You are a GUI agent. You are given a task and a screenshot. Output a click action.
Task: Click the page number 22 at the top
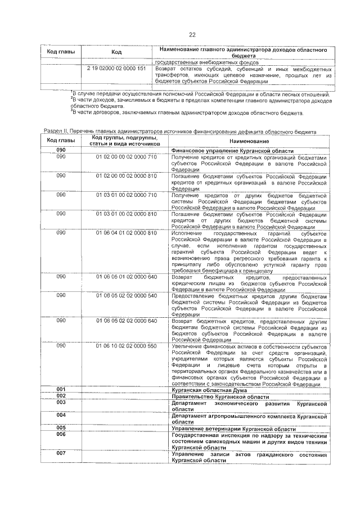[192, 35]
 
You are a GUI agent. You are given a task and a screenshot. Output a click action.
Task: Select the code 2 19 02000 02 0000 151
[116, 69]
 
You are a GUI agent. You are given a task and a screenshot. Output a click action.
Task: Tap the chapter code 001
[61, 389]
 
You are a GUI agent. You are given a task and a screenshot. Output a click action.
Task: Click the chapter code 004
[61, 415]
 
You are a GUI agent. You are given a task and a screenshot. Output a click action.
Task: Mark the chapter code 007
[61, 453]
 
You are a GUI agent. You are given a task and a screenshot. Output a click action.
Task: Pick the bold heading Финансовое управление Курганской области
[232, 151]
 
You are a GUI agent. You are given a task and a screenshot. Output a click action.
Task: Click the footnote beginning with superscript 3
[186, 113]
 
